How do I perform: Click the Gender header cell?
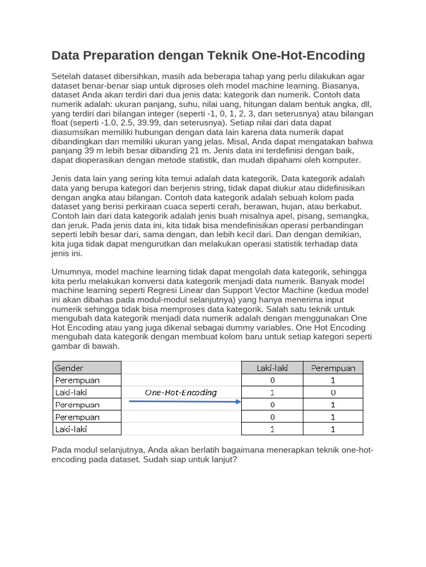click(87, 368)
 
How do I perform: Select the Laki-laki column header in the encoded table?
click(272, 368)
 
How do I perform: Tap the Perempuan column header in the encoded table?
click(333, 368)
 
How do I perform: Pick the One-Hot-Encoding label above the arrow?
click(181, 393)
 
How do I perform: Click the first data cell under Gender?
click(87, 380)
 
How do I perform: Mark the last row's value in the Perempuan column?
click(333, 429)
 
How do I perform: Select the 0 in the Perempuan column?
click(333, 392)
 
